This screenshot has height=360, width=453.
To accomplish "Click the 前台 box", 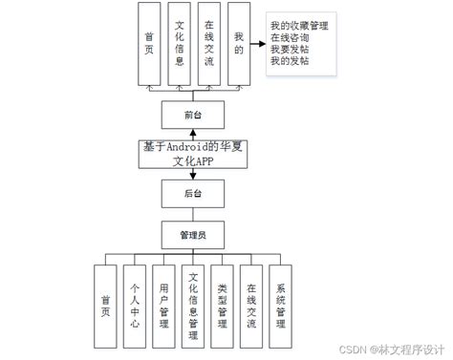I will pyautogui.click(x=194, y=116).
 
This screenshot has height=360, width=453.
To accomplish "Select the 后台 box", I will pyautogui.click(x=194, y=194).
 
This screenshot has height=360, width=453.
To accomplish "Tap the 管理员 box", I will pyautogui.click(x=194, y=233).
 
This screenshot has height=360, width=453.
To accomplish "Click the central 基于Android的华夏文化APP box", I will pyautogui.click(x=194, y=154).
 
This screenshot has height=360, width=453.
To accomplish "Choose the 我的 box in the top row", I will pyautogui.click(x=239, y=45).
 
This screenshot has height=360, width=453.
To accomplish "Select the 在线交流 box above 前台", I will pyautogui.click(x=209, y=45).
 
